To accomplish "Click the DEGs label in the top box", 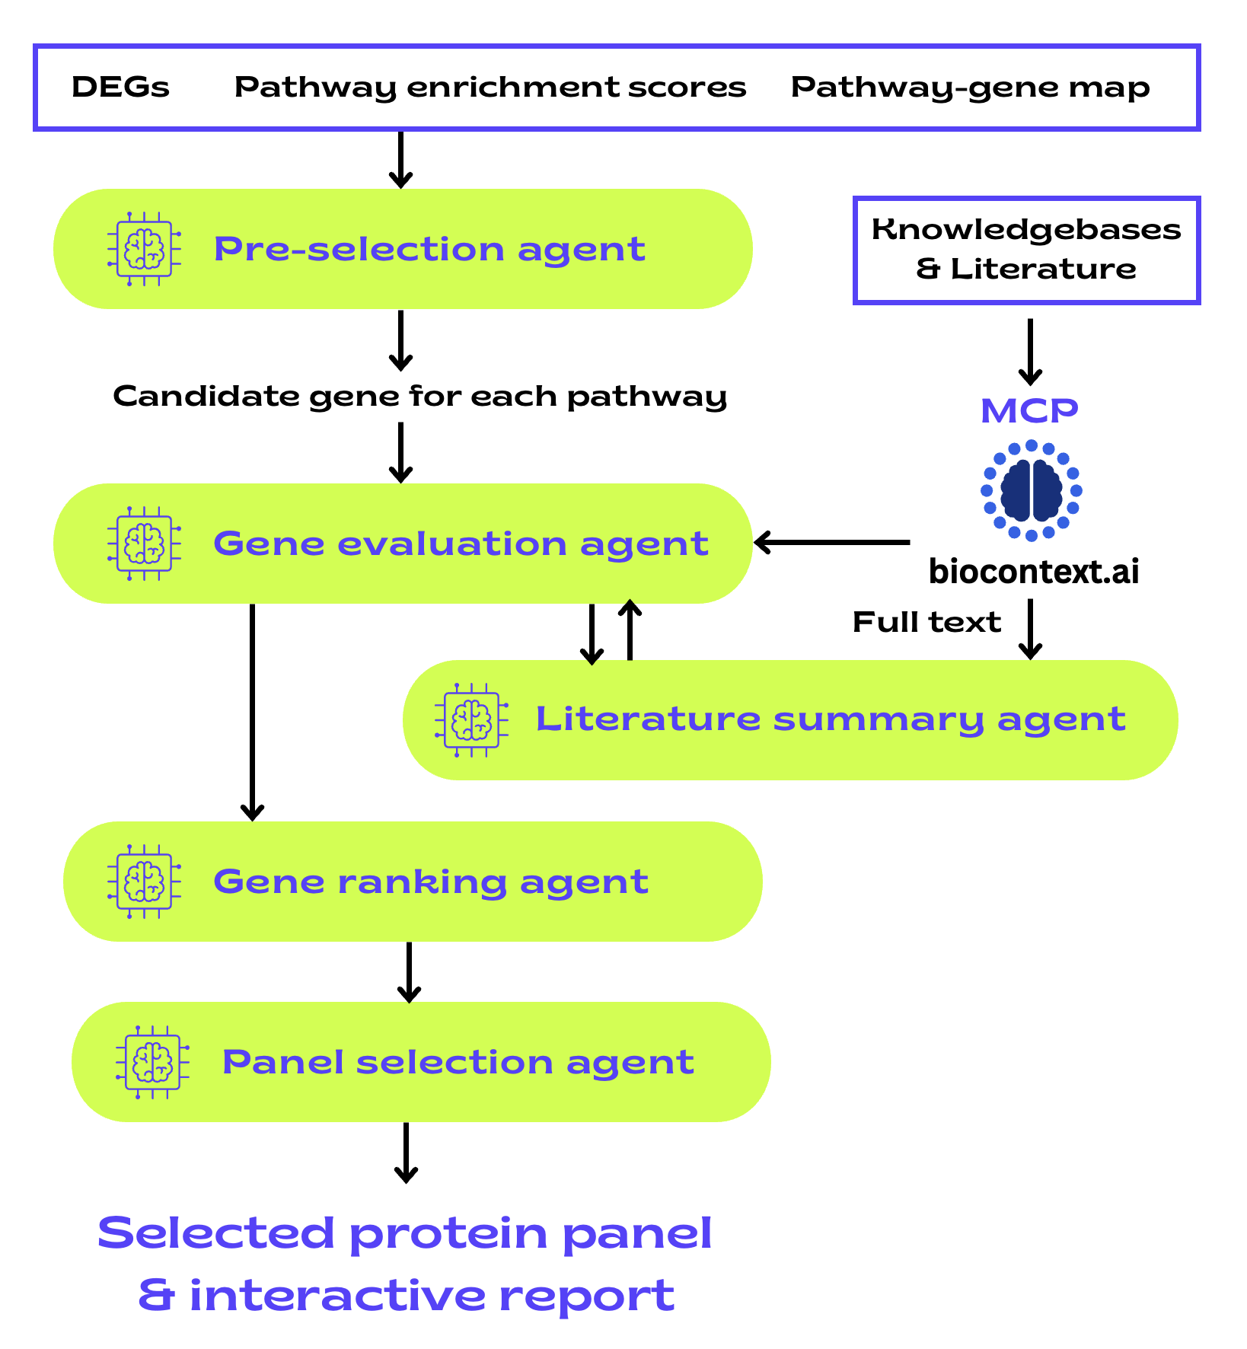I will pyautogui.click(x=120, y=88).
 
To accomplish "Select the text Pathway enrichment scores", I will pyautogui.click(x=490, y=88).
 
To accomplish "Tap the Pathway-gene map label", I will pyautogui.click(x=970, y=88).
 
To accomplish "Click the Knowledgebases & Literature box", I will pyautogui.click(x=1026, y=250).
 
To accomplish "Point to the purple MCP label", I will pyautogui.click(x=1029, y=411).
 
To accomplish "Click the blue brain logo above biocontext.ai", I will pyautogui.click(x=1031, y=491).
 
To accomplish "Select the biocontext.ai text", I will pyautogui.click(x=1034, y=571).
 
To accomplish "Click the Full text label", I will pyautogui.click(x=926, y=623).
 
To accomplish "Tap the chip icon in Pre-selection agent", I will pyautogui.click(x=145, y=249).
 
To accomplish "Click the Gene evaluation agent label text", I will pyautogui.click(x=461, y=544).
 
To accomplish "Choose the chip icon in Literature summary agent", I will pyautogui.click(x=471, y=719).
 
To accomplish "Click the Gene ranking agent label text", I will pyautogui.click(x=430, y=882).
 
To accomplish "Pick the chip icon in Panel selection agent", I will pyautogui.click(x=152, y=1061).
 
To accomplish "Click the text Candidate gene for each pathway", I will pyautogui.click(x=419, y=397).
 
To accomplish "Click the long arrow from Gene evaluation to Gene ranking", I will pyautogui.click(x=252, y=712).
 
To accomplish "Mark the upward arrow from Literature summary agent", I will pyautogui.click(x=630, y=630).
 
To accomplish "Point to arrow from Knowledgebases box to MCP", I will pyautogui.click(x=1030, y=352).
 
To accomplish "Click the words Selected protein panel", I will pyautogui.click(x=405, y=1233).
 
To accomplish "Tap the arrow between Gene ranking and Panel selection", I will pyautogui.click(x=409, y=972).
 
